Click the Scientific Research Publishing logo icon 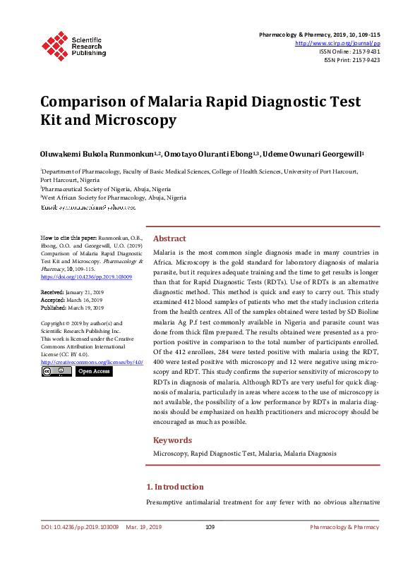pos(56,44)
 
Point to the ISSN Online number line pos(349,51)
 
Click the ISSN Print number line pos(352,60)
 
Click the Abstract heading pos(170,238)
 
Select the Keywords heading pos(172,439)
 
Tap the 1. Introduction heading pos(174,487)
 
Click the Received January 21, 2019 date pos(72,291)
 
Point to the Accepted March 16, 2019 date pos(71,300)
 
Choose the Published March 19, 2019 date pos(72,308)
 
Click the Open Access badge pos(94,371)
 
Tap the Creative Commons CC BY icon pos(56,371)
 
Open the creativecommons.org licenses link pos(92,362)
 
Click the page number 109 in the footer pos(210,527)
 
